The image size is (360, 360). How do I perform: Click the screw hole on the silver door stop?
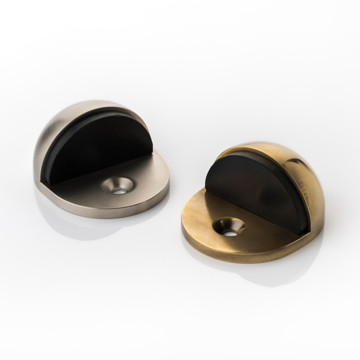(x=118, y=187)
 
